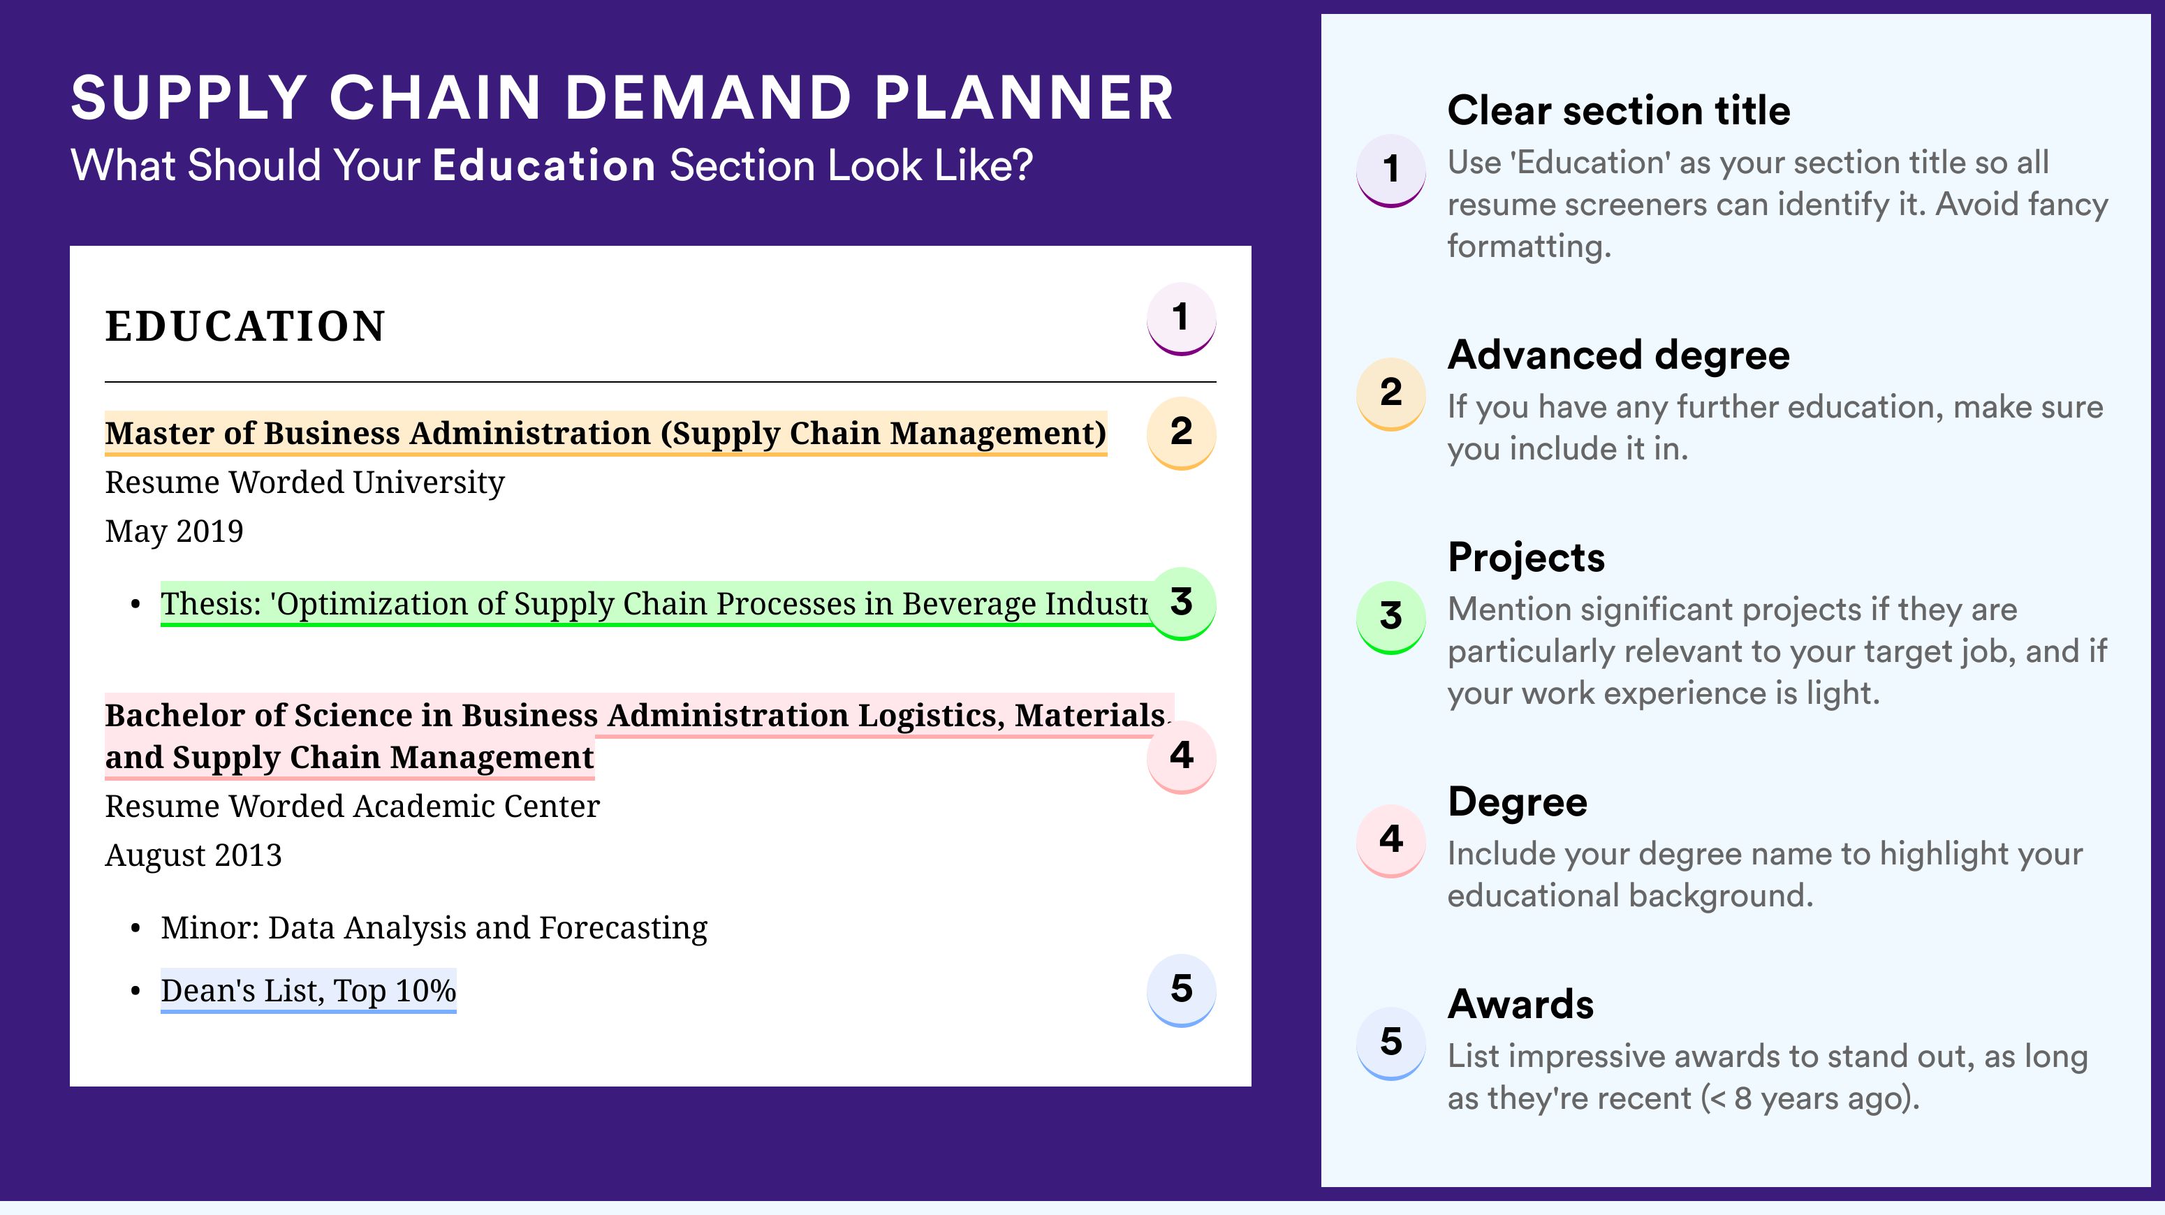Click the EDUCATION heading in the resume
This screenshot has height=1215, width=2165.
click(244, 326)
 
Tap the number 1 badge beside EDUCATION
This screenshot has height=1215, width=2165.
click(1181, 318)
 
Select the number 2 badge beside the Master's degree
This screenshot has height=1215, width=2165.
click(1181, 433)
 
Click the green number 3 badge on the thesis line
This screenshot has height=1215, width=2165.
click(1181, 603)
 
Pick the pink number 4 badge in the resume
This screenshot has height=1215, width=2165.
click(1181, 756)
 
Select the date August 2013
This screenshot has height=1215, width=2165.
click(193, 855)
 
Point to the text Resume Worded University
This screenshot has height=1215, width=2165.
click(304, 483)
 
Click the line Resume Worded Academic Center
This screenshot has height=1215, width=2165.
click(352, 807)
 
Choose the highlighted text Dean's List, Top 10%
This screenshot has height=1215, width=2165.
click(309, 991)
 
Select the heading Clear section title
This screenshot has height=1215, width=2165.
click(1619, 110)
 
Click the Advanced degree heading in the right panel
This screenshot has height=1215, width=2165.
click(1619, 356)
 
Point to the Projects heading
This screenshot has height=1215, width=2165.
click(1526, 558)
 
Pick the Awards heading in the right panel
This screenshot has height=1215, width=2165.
click(1520, 1004)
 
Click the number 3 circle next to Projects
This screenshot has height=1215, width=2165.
click(1391, 617)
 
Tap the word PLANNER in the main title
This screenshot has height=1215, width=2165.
click(1024, 98)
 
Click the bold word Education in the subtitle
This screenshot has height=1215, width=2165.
click(544, 165)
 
